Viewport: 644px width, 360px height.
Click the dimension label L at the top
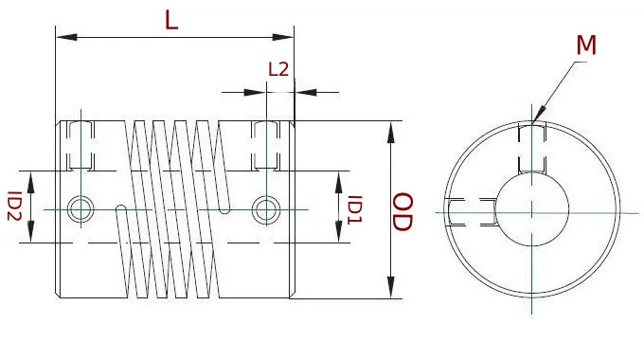point(171,20)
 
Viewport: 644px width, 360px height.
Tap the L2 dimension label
point(278,69)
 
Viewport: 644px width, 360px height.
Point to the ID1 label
point(354,210)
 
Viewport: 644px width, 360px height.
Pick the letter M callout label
point(586,45)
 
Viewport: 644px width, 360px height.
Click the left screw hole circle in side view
point(81,207)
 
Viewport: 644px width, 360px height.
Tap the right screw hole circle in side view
point(266,207)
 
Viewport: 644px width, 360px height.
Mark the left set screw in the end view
point(471,212)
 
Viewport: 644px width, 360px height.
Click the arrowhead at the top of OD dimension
point(390,130)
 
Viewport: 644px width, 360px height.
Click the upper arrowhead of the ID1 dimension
point(339,182)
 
